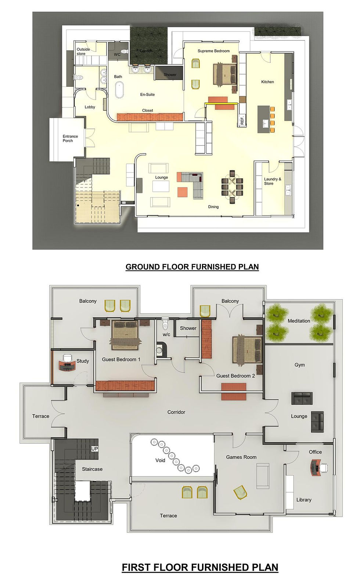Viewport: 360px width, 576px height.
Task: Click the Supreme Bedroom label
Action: click(x=213, y=51)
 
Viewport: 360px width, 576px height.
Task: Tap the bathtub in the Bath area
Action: click(x=119, y=90)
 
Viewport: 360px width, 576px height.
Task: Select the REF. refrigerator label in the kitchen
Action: click(x=242, y=121)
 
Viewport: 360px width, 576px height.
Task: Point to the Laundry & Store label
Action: click(x=272, y=181)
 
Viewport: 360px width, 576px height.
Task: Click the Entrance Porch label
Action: click(x=70, y=139)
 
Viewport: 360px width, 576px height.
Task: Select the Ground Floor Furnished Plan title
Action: click(x=192, y=267)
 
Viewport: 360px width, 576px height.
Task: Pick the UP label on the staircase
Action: click(x=95, y=449)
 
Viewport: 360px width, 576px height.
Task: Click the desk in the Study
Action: click(x=67, y=365)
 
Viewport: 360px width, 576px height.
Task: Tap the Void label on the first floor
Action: click(x=160, y=460)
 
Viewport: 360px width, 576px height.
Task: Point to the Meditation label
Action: click(x=299, y=321)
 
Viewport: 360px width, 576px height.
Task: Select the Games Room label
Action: click(x=241, y=457)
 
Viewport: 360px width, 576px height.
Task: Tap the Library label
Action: click(x=304, y=500)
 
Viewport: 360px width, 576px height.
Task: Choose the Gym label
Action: click(x=299, y=365)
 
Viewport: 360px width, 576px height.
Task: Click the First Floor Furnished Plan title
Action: click(x=200, y=567)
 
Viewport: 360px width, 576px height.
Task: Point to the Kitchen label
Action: click(x=267, y=82)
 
